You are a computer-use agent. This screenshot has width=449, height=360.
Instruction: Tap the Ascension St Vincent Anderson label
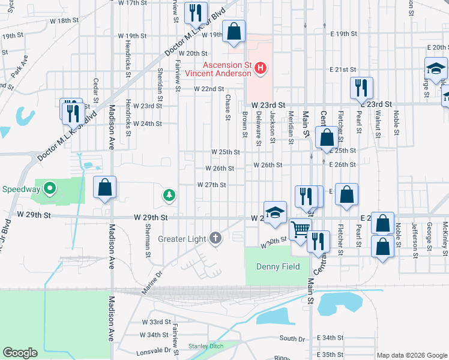[218, 69]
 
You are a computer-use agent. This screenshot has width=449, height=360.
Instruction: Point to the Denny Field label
[277, 266]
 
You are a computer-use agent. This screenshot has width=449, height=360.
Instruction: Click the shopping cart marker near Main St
[300, 229]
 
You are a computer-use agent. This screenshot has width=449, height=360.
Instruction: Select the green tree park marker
[170, 195]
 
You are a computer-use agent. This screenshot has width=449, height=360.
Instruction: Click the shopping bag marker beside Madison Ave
[105, 187]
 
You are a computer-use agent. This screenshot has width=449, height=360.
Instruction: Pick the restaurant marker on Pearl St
[361, 88]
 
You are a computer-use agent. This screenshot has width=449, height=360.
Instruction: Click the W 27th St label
[211, 185]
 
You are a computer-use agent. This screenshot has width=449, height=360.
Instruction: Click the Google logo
[20, 353]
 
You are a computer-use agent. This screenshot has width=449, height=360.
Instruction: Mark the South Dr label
[292, 338]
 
